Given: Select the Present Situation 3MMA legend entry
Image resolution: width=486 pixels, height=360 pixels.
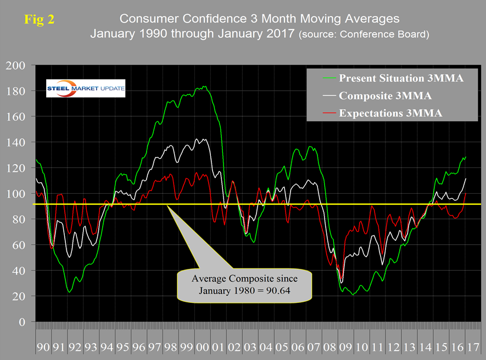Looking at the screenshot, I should [x=401, y=77].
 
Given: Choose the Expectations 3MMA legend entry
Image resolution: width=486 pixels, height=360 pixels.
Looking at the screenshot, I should [x=389, y=113].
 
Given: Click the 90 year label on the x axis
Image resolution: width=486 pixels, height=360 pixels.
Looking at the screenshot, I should [x=43, y=347].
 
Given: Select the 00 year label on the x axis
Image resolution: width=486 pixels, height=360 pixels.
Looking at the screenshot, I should [x=203, y=347].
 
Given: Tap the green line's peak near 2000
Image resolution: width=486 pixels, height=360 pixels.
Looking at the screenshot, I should [x=204, y=86].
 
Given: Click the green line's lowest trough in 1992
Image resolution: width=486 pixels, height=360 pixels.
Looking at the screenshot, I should [x=69, y=292].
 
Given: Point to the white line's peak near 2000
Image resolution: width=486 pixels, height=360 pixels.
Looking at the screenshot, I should [x=204, y=139].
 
